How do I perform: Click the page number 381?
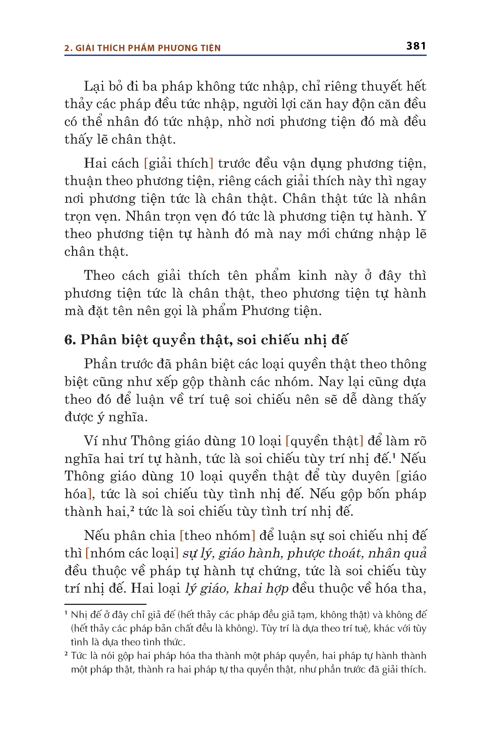coord(416,46)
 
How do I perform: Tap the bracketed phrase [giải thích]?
coord(178,163)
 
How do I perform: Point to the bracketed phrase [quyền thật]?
coord(324,441)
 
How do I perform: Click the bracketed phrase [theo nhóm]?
coord(218,536)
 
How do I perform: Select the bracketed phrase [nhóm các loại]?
coord(132,553)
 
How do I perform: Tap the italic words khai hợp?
coord(261,589)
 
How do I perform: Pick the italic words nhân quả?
coord(397,553)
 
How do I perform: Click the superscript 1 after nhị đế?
coord(393,455)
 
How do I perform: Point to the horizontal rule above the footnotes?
coord(105,604)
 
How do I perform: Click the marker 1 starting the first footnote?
coord(66,613)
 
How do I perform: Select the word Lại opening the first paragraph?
coord(94,87)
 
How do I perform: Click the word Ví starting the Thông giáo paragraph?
coord(91,441)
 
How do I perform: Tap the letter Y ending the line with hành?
coord(422,216)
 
